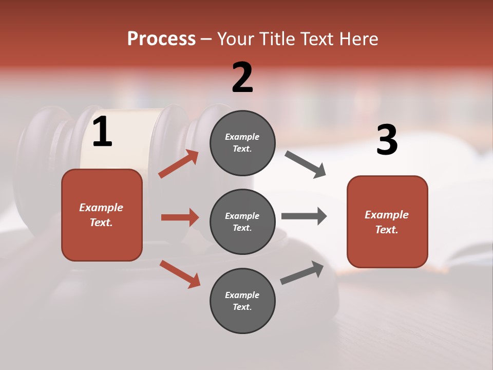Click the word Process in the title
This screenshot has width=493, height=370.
pos(161,39)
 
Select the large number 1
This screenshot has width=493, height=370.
pos(102,132)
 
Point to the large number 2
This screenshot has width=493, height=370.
pos(242,78)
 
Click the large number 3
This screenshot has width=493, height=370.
pos(387,140)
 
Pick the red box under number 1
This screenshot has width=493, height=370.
pos(102,215)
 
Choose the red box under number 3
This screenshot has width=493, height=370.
pos(387,221)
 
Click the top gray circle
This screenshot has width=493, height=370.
pos(242,143)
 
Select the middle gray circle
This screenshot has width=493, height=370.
pos(242,221)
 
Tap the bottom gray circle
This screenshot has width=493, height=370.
pos(242,301)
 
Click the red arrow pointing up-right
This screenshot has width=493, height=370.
pos(179,164)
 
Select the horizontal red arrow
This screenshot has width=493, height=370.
pos(180,217)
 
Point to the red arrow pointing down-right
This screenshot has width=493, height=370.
pos(180,274)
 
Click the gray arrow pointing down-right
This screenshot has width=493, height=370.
pos(306,164)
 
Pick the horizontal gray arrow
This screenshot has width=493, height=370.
pos(304,216)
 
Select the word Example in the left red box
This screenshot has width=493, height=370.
pos(101,208)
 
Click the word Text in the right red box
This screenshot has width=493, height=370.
pos(386,230)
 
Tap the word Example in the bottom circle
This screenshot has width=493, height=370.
pos(242,295)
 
